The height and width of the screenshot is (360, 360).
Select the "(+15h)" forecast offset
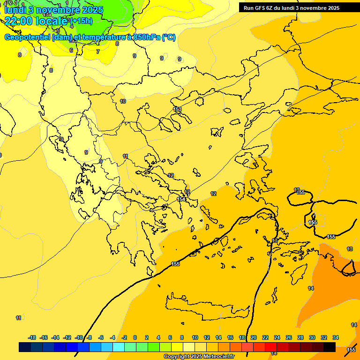(x=81, y=21)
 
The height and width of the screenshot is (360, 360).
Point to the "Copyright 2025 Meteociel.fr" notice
(x=199, y=357)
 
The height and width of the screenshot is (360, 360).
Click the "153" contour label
(x=178, y=109)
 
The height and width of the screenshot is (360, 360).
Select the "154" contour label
(x=181, y=199)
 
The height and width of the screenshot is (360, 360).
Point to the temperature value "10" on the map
(x=123, y=101)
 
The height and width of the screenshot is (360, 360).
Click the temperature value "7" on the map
(x=98, y=52)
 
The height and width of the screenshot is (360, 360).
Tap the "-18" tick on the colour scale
(x=32, y=337)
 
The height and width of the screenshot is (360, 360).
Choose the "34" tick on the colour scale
(x=336, y=337)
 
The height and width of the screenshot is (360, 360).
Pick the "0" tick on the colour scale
(x=135, y=337)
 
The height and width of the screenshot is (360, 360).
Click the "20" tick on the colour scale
(x=254, y=337)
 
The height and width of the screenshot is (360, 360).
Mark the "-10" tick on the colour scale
(x=79, y=337)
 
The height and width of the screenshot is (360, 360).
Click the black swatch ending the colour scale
(x=330, y=347)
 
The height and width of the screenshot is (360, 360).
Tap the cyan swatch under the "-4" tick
(x=119, y=347)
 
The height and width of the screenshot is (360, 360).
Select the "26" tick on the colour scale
(x=289, y=337)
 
